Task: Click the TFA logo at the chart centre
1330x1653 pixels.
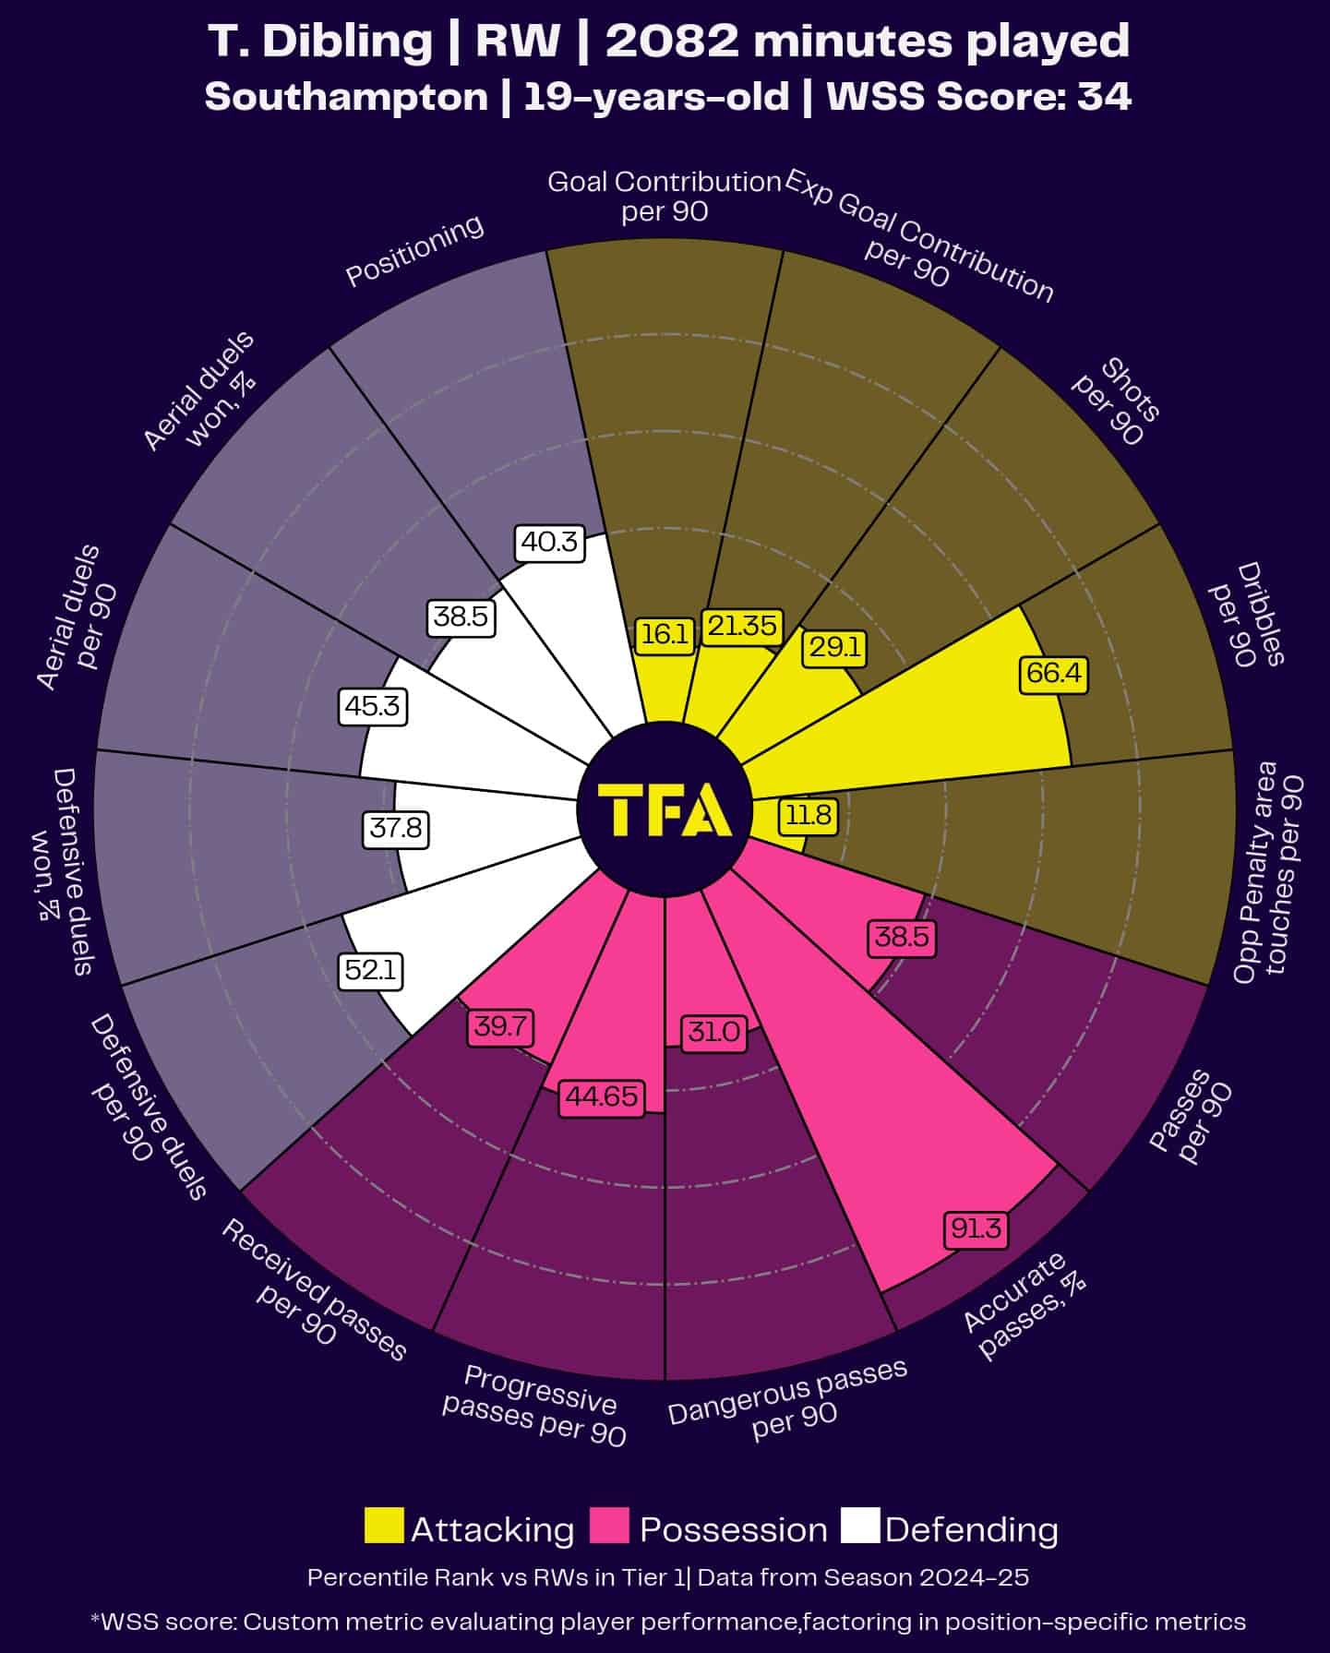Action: (665, 809)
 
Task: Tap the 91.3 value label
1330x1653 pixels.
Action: (976, 1228)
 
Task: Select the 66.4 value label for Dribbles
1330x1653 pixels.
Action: (1053, 673)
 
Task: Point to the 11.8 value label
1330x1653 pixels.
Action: (809, 815)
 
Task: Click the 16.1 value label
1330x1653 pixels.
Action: (665, 635)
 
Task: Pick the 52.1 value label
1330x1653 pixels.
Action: (371, 970)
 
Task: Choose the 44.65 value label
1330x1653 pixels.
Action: (602, 1096)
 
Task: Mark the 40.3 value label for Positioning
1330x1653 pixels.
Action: (549, 541)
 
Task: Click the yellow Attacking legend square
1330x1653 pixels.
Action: (384, 1526)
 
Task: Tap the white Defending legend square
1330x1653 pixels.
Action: (860, 1526)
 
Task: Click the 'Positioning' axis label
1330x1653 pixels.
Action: (414, 250)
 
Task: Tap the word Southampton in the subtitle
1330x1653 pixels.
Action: (346, 97)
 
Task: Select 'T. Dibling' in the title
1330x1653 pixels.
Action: (319, 42)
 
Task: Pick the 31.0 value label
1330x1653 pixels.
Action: (713, 1031)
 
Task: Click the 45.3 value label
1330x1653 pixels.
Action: (372, 706)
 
